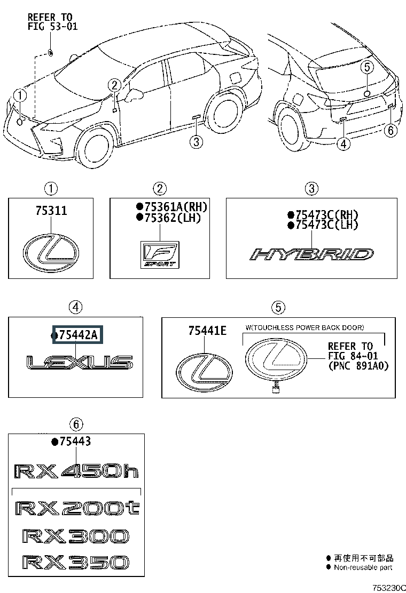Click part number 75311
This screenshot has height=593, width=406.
coord(51,210)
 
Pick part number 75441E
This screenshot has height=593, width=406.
coord(207,331)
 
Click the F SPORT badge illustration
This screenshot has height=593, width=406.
coord(160,254)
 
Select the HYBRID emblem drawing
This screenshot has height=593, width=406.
coord(311,254)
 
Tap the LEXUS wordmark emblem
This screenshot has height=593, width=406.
coord(80,362)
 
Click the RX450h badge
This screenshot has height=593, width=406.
coord(76,471)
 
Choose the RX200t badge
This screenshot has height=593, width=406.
coord(77,508)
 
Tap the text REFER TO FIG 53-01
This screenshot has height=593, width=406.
coord(52,21)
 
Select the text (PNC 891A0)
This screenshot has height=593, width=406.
coord(358,366)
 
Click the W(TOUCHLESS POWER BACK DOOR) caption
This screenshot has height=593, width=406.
coord(304,327)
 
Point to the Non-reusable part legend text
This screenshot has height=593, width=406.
coord(363,567)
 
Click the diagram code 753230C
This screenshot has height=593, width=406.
coord(389,588)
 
